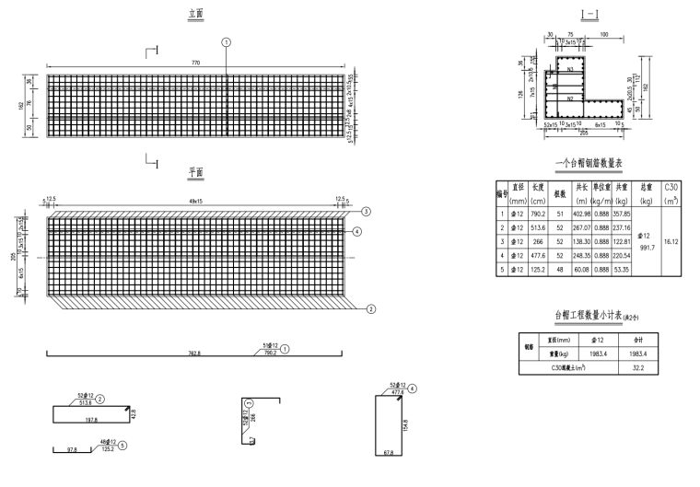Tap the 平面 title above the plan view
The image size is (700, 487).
coord(195,172)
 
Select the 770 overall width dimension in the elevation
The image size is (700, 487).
coord(195,61)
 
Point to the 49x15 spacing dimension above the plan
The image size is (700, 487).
coord(195,199)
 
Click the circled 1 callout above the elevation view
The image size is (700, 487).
coord(226,42)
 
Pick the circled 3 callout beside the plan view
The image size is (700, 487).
coord(367,212)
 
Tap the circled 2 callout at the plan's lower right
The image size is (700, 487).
coord(370,309)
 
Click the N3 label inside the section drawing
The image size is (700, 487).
coord(572,69)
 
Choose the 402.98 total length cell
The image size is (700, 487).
coord(581,214)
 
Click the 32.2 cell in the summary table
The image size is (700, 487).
coord(637,366)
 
